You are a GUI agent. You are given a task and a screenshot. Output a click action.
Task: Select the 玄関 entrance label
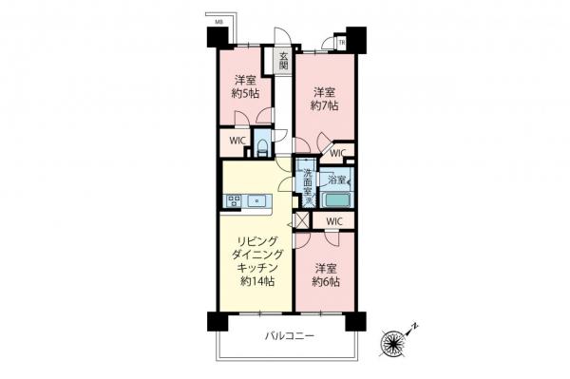point(283,61)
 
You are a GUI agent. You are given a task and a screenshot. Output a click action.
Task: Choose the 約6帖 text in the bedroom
point(326,282)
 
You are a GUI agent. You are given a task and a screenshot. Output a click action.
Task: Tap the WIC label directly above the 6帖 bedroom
point(333,221)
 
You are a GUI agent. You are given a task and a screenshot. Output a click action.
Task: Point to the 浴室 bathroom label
point(336,179)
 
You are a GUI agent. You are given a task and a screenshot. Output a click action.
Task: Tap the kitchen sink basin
point(257,200)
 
